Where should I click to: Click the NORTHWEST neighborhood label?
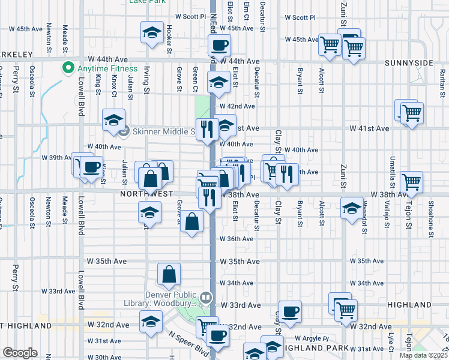[147, 194]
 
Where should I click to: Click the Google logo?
[20, 352]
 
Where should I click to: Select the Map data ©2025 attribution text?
[421, 355]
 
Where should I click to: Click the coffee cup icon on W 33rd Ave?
[291, 311]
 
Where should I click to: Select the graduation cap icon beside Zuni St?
[352, 208]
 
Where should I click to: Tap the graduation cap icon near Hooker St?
[152, 32]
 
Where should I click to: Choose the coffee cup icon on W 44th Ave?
[219, 44]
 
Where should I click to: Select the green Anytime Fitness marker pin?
[68, 67]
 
